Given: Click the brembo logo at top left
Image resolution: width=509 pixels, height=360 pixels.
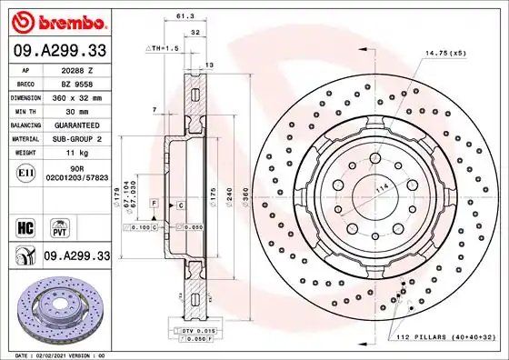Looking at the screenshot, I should [x=57, y=21].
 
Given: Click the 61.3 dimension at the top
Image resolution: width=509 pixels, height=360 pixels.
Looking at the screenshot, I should [x=185, y=16].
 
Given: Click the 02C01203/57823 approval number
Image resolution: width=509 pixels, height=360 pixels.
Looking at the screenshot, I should [x=76, y=179].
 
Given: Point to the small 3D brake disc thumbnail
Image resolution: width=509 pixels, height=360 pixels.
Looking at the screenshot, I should [x=55, y=304].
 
